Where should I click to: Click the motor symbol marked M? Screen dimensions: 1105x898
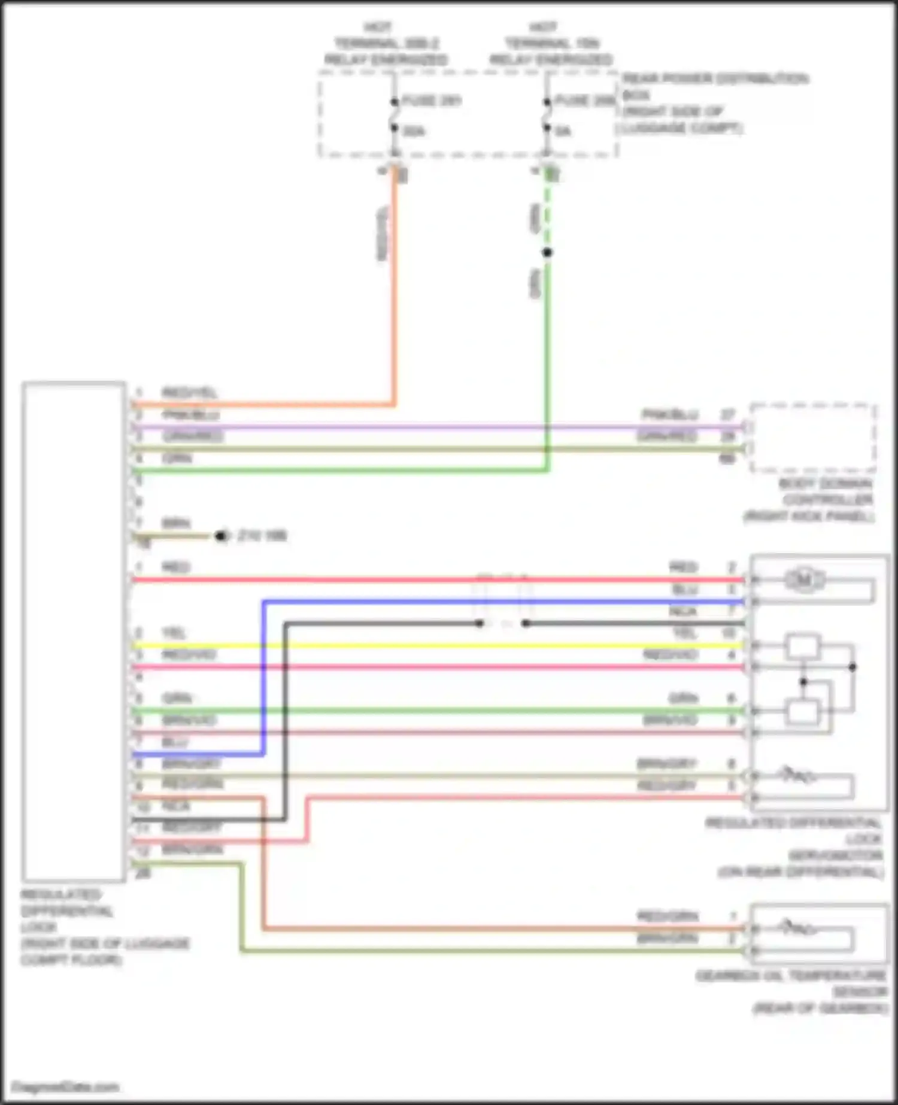coord(803,579)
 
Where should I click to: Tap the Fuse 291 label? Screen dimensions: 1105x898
coord(431,100)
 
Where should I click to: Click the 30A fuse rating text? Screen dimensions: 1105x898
coord(414,131)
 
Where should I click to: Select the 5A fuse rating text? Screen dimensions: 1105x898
coord(563,131)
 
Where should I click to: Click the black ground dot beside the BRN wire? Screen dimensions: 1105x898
coord(222,536)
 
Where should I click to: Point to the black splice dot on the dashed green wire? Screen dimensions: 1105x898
coord(547,252)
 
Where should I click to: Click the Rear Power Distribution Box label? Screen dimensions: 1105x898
coord(712,103)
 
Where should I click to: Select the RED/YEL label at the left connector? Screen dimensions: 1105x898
coord(189,393)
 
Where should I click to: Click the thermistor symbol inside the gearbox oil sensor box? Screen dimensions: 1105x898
coord(796,928)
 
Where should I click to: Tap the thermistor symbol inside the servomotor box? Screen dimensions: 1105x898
coord(796,776)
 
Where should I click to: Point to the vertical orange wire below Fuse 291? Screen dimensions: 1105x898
coord(395,287)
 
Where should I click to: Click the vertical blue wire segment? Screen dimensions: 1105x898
coord(263,676)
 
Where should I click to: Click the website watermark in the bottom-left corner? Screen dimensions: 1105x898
coord(65,1086)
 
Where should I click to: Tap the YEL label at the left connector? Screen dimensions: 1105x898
coord(174,633)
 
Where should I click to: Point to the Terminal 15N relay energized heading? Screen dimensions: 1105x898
coord(551,43)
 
